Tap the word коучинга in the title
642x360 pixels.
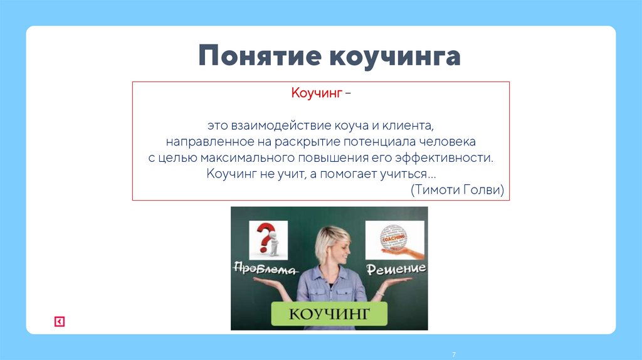[x=394, y=56]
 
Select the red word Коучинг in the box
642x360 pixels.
[x=316, y=93]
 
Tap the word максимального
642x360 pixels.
[x=255, y=157]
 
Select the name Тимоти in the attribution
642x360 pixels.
[x=434, y=189]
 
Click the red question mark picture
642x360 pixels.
[x=268, y=240]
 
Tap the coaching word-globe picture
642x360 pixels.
[x=394, y=238]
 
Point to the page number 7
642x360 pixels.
[x=453, y=356]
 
